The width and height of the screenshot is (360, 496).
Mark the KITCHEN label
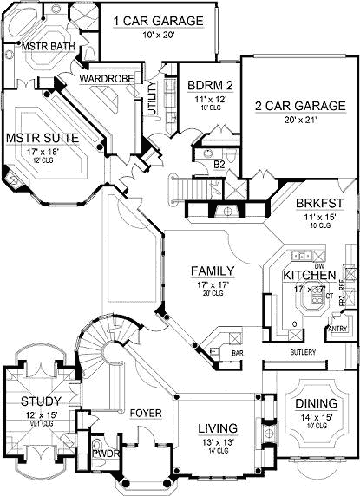pyautogui.click(x=308, y=276)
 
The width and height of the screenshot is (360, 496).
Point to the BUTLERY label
pyautogui.click(x=302, y=352)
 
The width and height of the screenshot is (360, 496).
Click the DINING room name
pyautogui.click(x=316, y=404)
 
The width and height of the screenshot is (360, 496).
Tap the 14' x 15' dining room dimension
pyautogui.click(x=316, y=418)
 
